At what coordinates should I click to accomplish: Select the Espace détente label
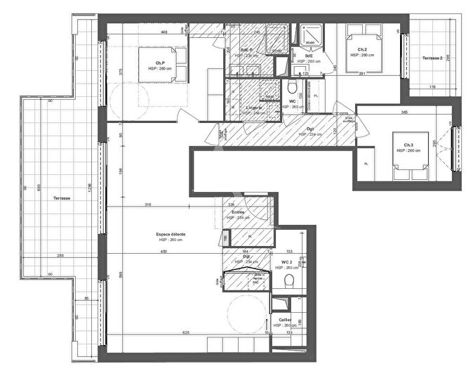tap(171, 234)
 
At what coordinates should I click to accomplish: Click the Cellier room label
tap(285, 320)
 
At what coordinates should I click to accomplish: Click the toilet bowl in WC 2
tap(288, 281)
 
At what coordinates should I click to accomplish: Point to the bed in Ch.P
tap(164, 65)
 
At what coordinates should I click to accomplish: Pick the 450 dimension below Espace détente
tap(164, 251)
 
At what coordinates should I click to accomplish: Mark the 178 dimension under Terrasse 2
tap(432, 87)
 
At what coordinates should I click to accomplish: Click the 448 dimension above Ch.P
tap(163, 32)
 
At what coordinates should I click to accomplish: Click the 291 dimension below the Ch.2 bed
tap(363, 73)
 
